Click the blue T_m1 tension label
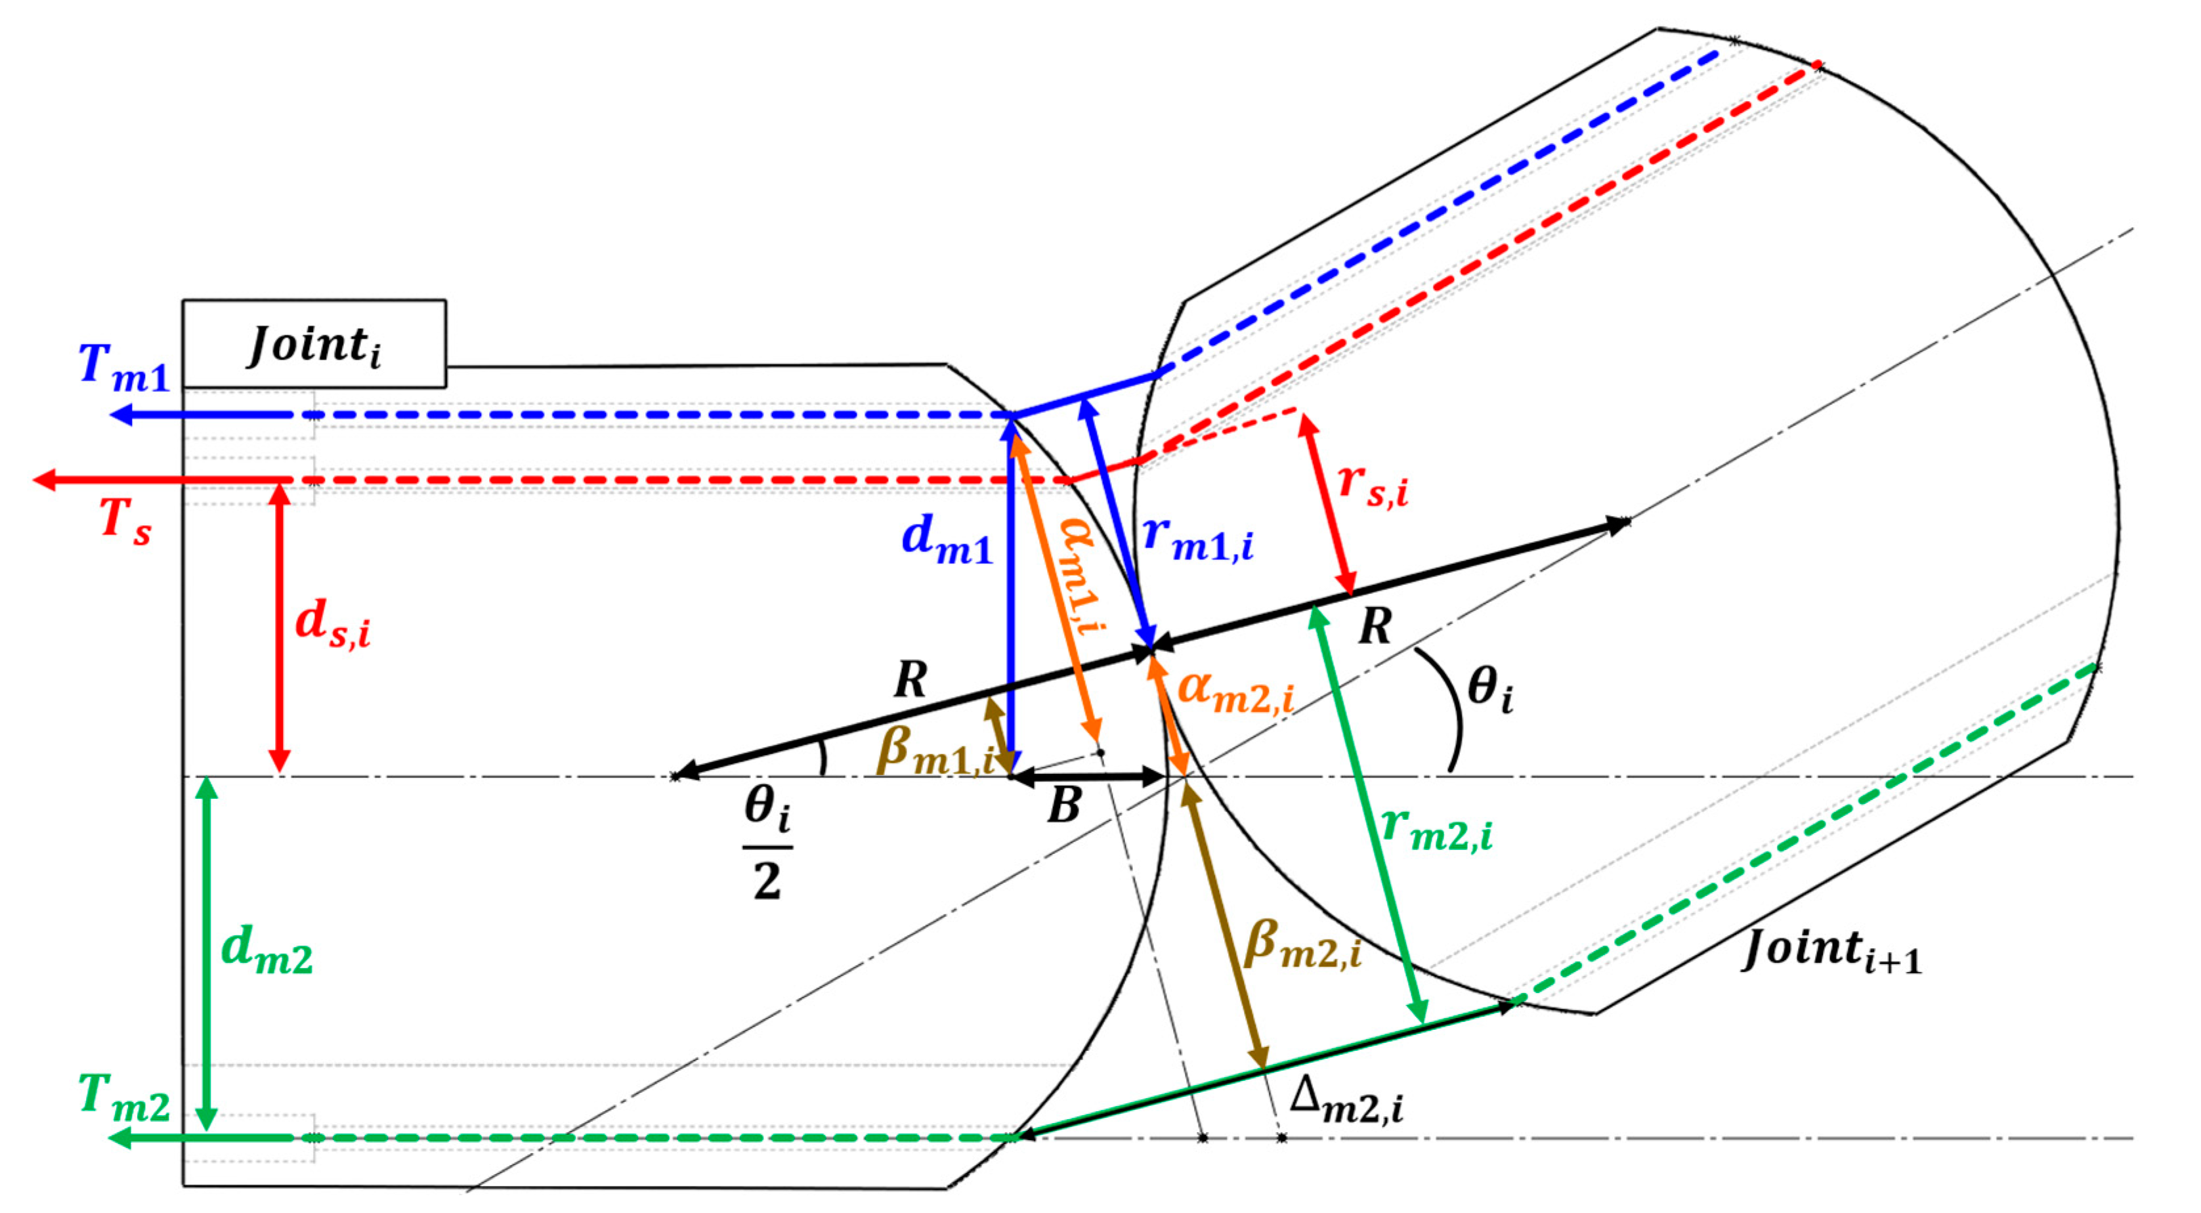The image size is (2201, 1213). tap(124, 368)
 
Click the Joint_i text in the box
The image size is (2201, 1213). tap(314, 345)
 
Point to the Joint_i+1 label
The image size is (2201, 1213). tap(1831, 950)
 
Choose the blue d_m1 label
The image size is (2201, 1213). tap(947, 541)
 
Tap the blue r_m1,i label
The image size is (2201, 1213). tap(1198, 538)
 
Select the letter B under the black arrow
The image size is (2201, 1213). tap(1065, 805)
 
